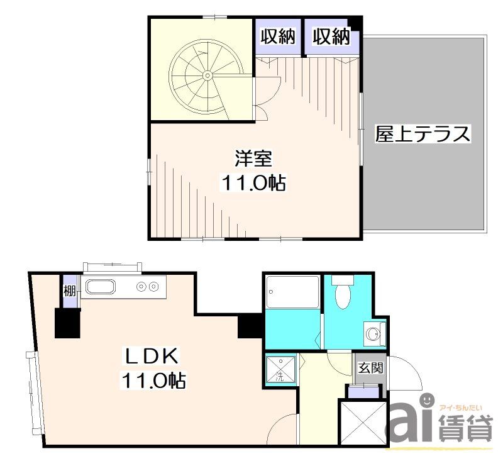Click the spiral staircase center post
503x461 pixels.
click(207, 75)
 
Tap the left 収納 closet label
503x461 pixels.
click(278, 36)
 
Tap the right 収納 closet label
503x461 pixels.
click(331, 36)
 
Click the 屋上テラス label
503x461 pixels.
click(423, 134)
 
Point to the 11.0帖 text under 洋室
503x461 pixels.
click(253, 183)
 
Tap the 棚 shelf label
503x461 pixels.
click(70, 292)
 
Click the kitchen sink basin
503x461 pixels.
click(101, 287)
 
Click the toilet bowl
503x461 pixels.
click(343, 296)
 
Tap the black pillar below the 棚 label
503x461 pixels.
click(67, 323)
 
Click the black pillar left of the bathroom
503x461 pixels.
click(250, 326)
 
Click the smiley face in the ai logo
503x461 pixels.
click(427, 400)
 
